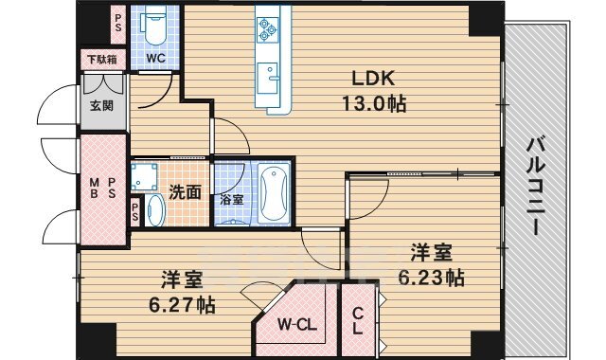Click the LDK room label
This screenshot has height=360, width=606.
pos(373,79)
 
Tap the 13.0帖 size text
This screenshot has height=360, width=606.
pos(374,103)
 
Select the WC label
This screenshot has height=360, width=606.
pos(155,59)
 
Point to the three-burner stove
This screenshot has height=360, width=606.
pos(267,29)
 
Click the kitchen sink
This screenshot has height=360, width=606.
pos(267,78)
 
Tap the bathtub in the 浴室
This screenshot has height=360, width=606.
pos(274,192)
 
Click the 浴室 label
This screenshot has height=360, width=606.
pos(232,200)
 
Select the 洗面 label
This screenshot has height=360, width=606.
pos(186,192)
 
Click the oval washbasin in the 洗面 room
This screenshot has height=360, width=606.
pos(156,210)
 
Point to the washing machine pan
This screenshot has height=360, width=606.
pos(144,177)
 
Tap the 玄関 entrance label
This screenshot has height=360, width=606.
pos(102,105)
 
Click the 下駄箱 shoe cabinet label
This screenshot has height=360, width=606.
pos(102,60)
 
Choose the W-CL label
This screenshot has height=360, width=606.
pos(297,325)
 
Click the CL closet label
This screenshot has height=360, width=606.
pos(358,321)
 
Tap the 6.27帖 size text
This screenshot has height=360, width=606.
pos(183,305)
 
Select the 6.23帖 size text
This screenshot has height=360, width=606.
pos(432,278)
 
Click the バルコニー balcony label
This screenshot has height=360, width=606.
pos(536,187)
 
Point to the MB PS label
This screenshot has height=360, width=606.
pos(102,188)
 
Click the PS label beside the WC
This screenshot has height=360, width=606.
pos(118,23)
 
